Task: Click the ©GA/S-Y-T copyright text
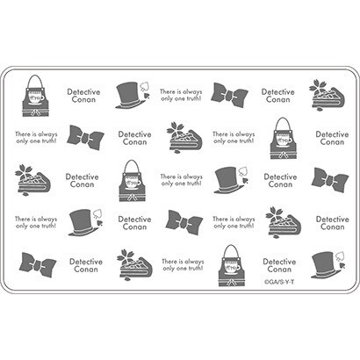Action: [x=279, y=282]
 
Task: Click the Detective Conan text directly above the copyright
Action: [x=279, y=265]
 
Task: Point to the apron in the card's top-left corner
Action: [x=36, y=96]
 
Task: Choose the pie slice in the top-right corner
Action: [x=328, y=96]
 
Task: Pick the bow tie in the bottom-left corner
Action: [x=38, y=265]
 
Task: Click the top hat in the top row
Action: [x=130, y=95]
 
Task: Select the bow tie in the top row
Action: [x=229, y=94]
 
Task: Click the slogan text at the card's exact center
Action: [x=182, y=180]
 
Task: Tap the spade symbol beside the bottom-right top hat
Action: [x=340, y=256]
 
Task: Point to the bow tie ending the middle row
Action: [x=330, y=179]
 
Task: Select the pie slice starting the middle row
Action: [x=32, y=180]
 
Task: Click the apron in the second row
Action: [x=284, y=139]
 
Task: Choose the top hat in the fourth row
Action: [x=83, y=222]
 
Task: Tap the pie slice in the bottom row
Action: [x=135, y=265]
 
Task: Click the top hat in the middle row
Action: [x=229, y=180]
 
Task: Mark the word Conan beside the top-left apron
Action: [x=83, y=99]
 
